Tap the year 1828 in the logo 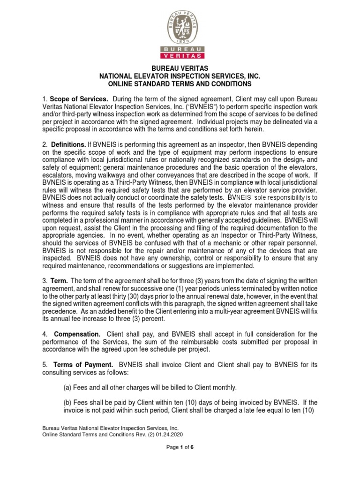180,42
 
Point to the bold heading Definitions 68,145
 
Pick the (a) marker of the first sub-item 68,387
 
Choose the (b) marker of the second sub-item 68,403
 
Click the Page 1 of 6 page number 180,448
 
